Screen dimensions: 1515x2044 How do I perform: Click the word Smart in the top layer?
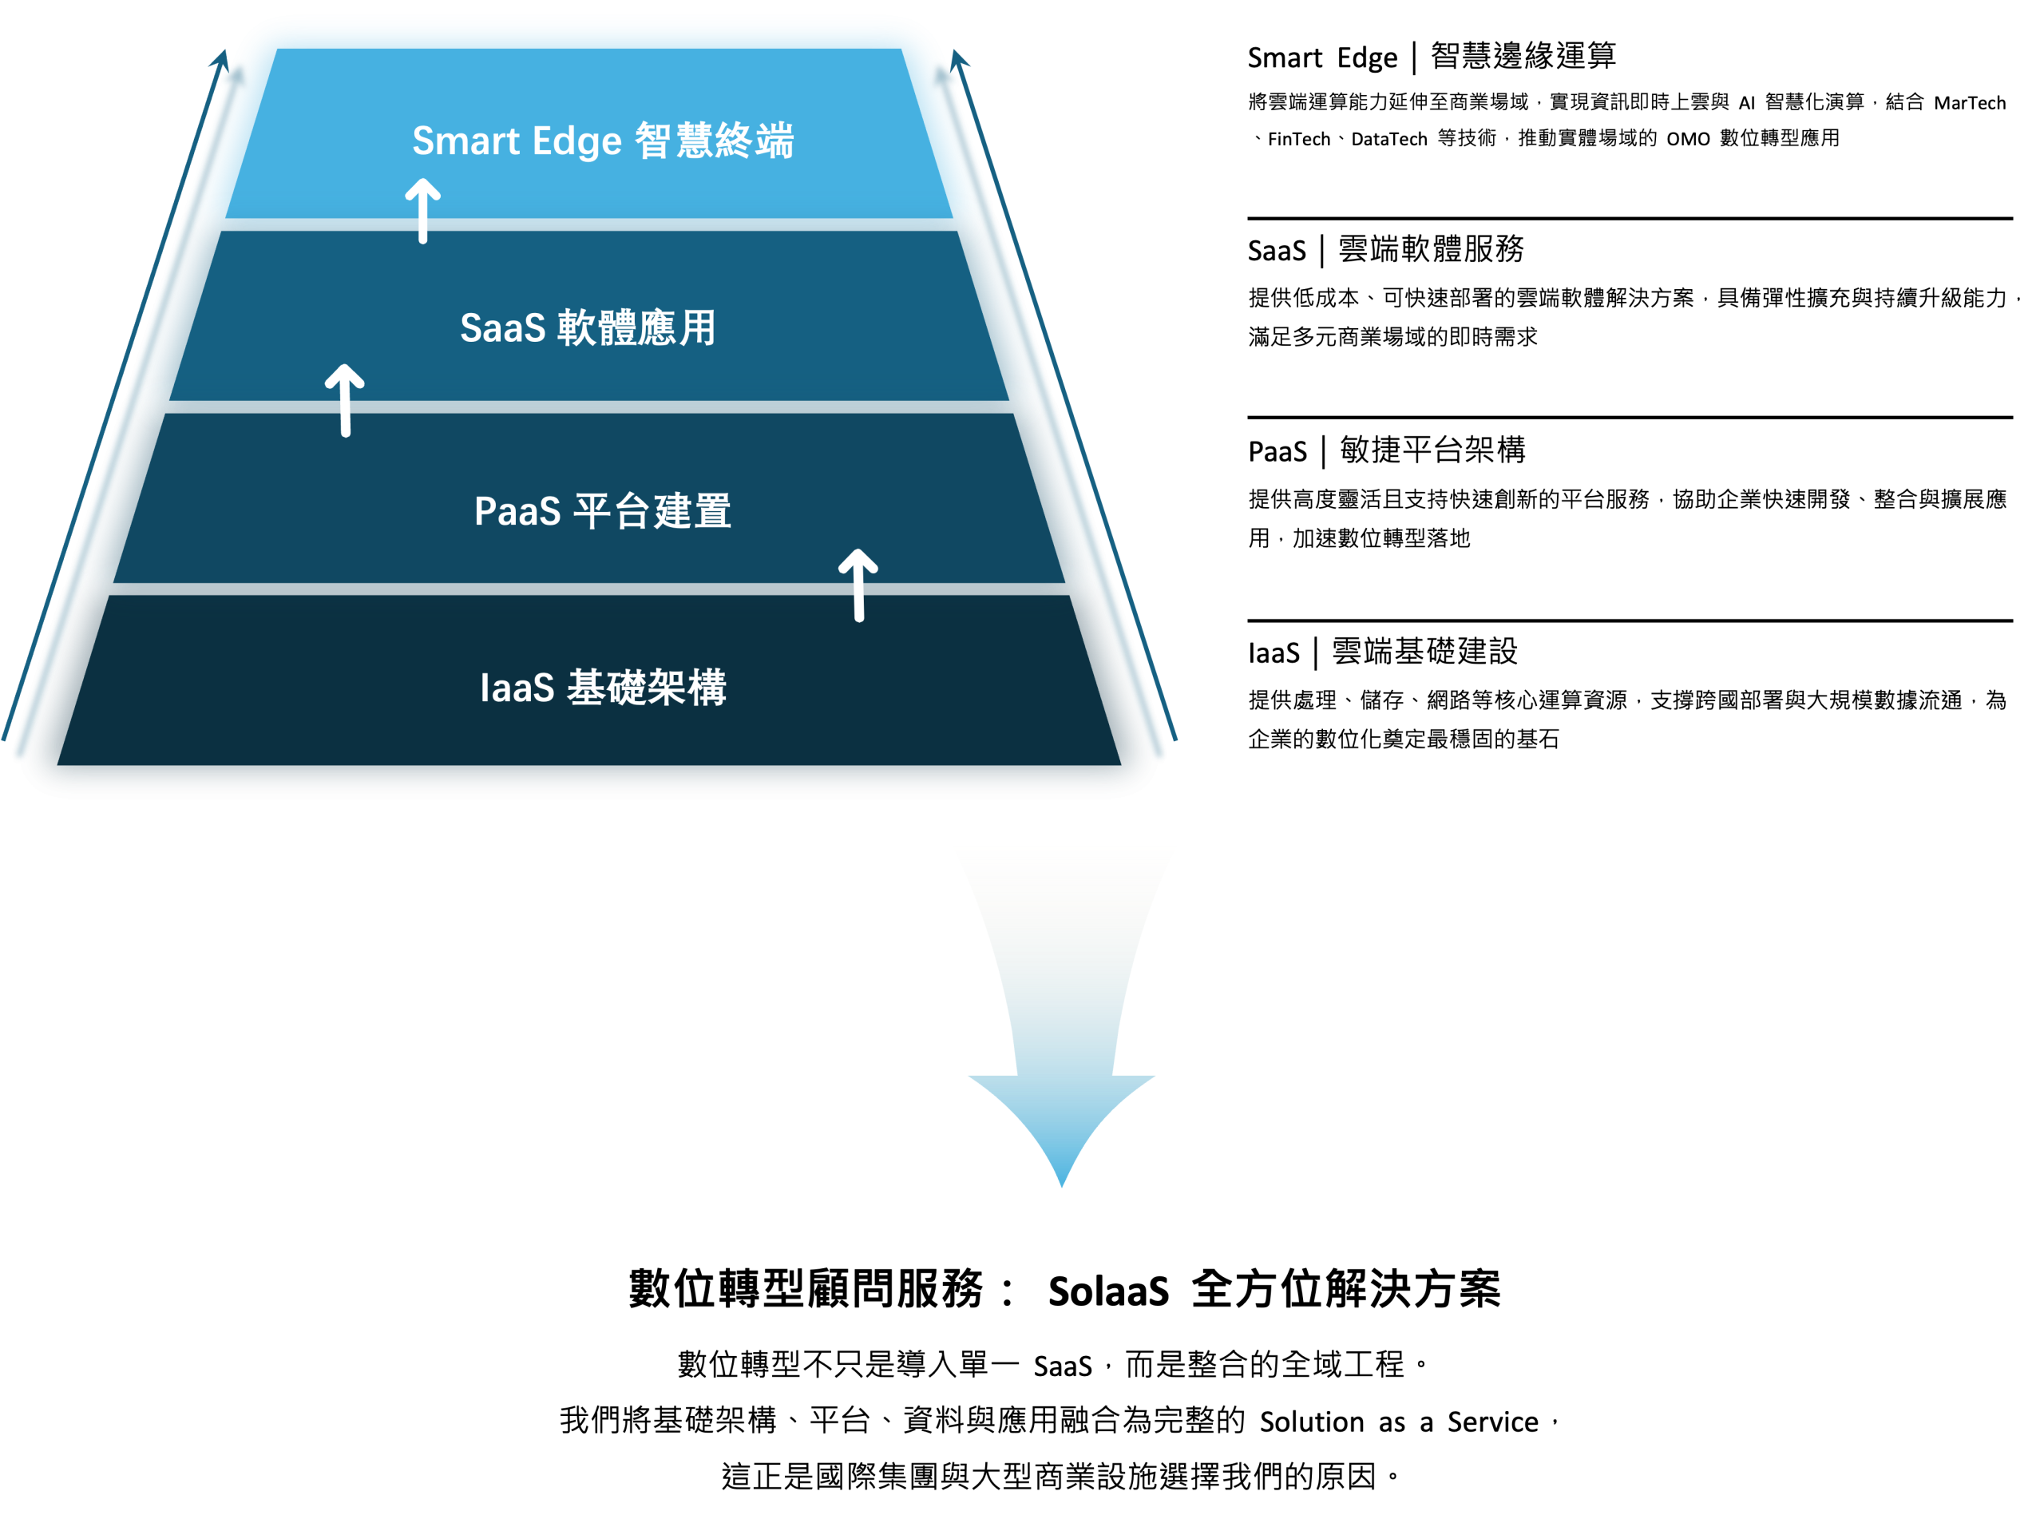click(x=465, y=141)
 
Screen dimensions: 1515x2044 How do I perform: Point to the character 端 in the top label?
click(x=774, y=141)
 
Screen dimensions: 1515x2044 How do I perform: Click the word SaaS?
click(x=502, y=328)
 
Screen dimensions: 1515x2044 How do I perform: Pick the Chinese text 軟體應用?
click(x=636, y=328)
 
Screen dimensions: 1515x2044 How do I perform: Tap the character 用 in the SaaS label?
click(x=698, y=328)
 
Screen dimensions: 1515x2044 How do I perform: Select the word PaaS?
click(x=517, y=512)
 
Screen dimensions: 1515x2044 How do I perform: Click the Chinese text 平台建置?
click(x=652, y=512)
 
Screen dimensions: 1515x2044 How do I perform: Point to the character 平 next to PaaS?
click(x=592, y=512)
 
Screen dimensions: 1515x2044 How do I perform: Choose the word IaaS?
click(x=517, y=688)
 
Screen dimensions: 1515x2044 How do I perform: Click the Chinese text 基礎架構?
click(x=646, y=688)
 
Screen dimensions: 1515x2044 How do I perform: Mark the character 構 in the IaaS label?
click(x=707, y=688)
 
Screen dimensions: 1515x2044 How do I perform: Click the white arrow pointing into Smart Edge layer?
click(x=422, y=211)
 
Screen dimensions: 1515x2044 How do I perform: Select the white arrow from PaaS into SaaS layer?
click(x=345, y=400)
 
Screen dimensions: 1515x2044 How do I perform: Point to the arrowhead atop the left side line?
click(x=221, y=58)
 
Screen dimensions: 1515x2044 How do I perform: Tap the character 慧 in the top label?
click(x=694, y=141)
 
